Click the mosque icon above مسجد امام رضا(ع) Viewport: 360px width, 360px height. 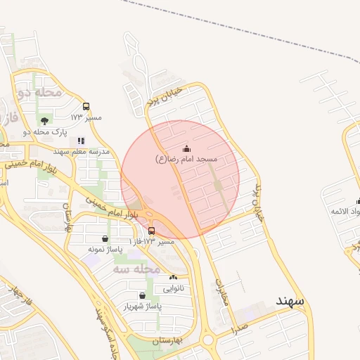pos(186,148)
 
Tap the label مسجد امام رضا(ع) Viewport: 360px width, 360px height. pos(186,160)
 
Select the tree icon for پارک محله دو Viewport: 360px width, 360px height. pos(46,120)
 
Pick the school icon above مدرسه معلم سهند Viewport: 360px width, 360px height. pos(82,141)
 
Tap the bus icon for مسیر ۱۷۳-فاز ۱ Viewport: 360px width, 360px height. pos(152,231)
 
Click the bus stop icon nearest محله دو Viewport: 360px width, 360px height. pos(86,107)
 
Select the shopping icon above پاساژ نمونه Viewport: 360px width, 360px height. pos(105,238)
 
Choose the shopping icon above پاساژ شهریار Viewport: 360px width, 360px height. pos(143,295)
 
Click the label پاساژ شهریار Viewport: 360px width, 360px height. pos(143,307)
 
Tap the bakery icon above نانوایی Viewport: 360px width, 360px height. pos(174,278)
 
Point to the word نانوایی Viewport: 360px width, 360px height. pos(174,288)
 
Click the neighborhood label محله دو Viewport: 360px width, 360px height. pos(40,92)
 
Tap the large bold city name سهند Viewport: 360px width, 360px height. pos(290,300)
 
